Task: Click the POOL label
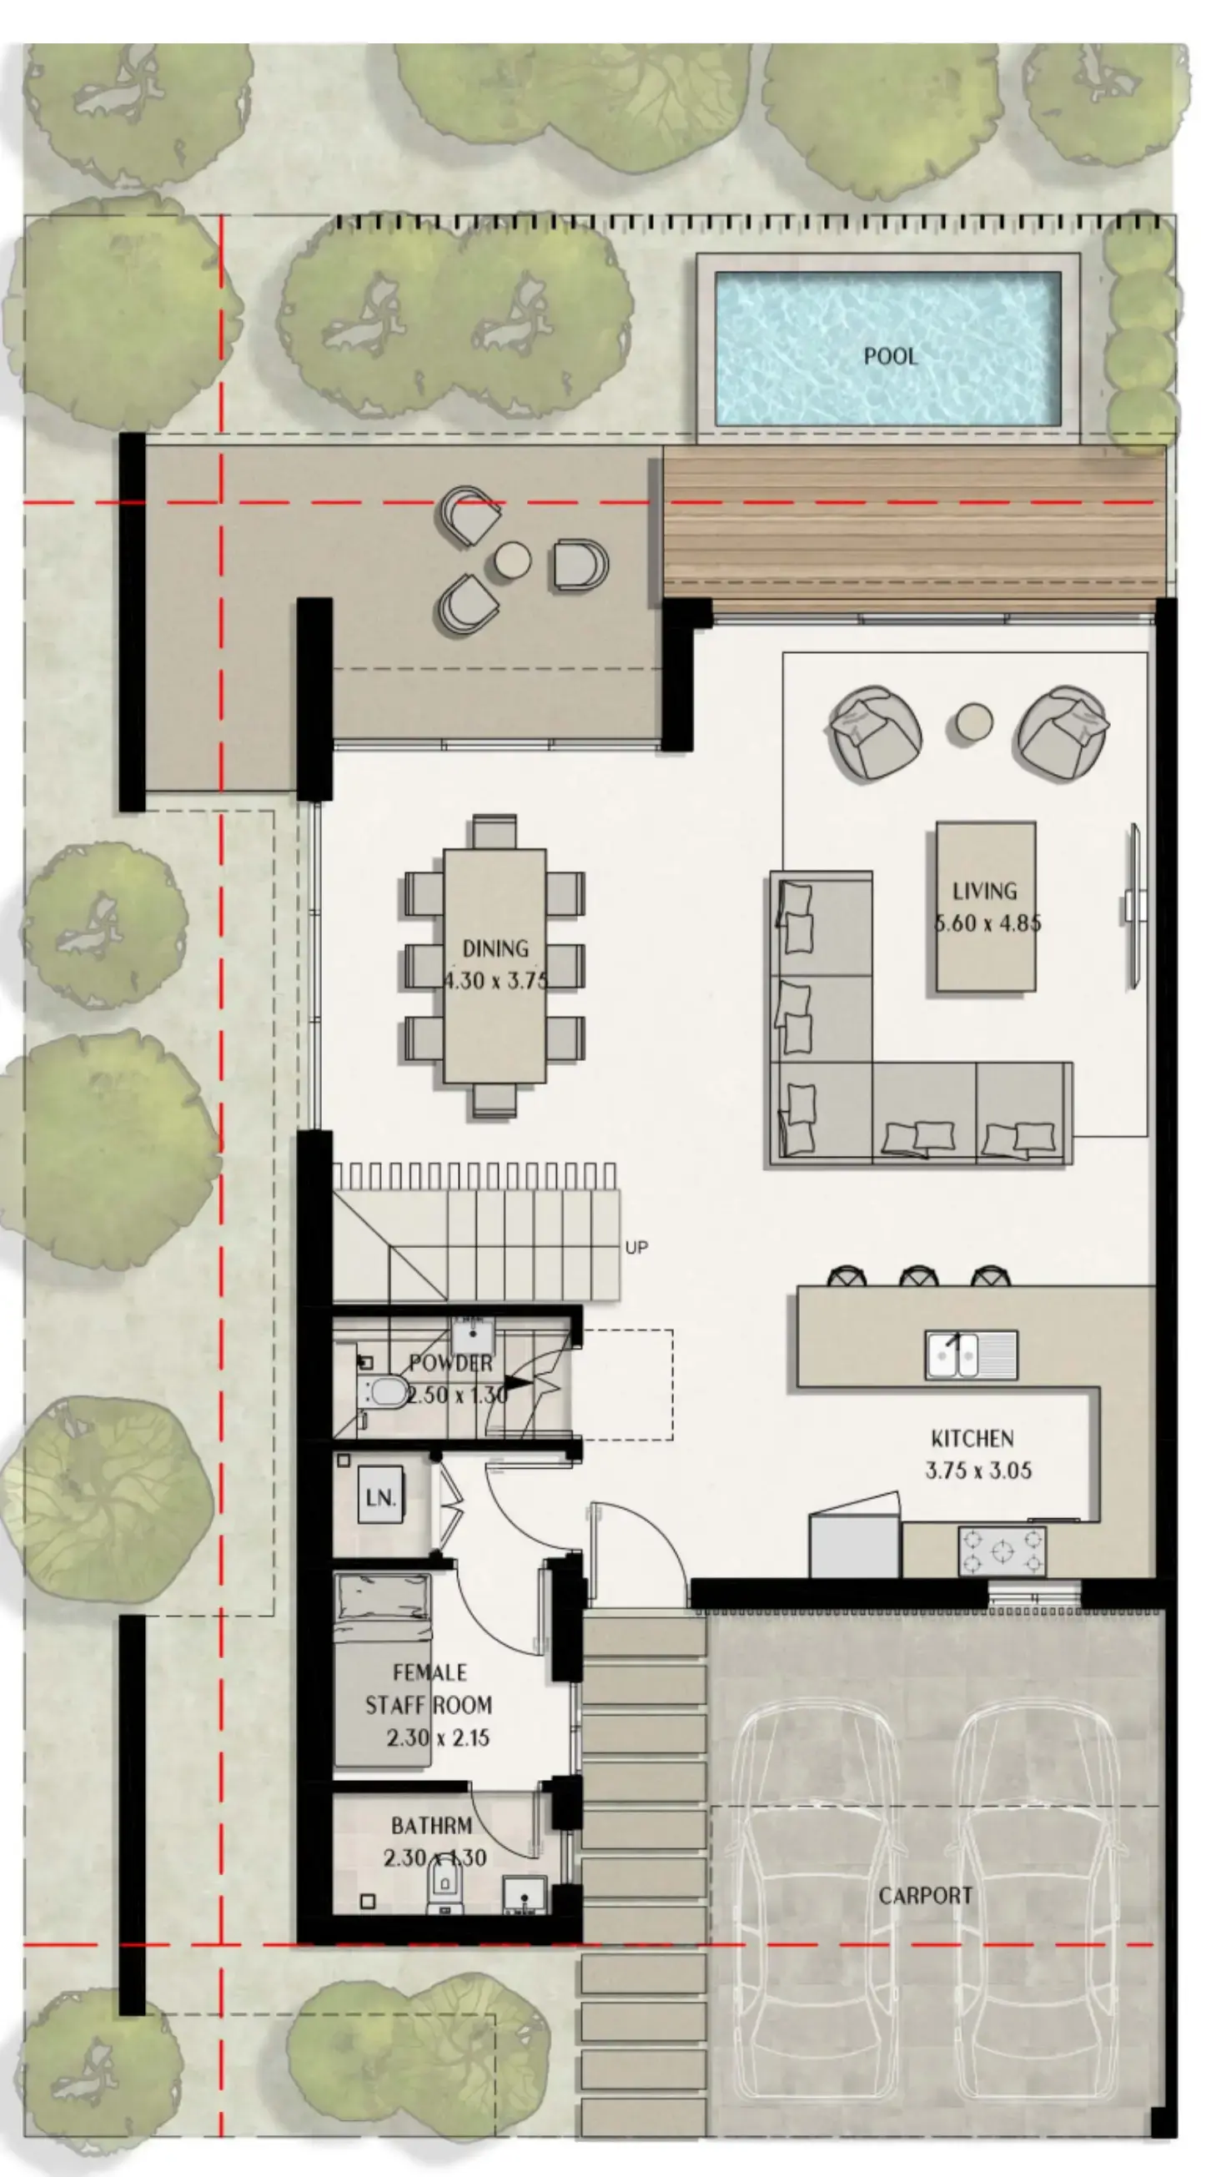890,356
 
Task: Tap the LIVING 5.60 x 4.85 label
985,906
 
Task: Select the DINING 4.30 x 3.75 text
495,963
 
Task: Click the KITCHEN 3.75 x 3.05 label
977,1455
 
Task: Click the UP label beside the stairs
636,1247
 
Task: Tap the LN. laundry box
380,1498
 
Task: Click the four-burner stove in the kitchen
1002,1551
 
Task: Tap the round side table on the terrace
512,560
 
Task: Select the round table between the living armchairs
973,723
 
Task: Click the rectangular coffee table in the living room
985,906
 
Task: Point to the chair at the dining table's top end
495,832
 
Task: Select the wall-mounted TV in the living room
1133,906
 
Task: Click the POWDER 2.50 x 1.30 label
456,1379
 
